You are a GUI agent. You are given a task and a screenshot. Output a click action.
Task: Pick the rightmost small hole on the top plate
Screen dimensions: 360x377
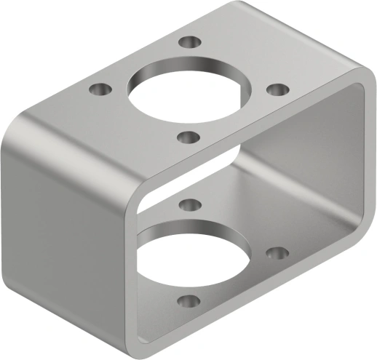pos(277,89)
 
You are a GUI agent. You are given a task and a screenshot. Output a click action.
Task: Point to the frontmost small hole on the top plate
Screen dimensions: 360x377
pos(188,136)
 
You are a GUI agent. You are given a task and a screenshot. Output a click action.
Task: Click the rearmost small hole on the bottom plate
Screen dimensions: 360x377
pos(188,204)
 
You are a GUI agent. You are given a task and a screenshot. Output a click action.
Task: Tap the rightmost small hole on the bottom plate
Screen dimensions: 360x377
pos(277,253)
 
